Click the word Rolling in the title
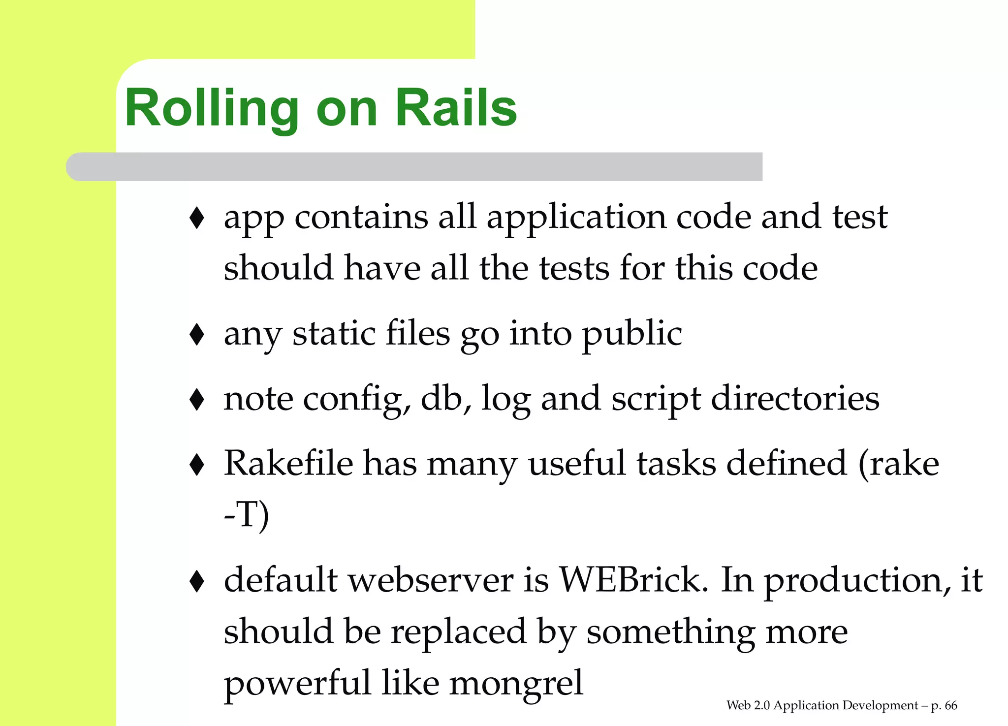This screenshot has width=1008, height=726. pos(212,108)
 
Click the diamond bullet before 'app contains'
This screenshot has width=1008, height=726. pos(197,218)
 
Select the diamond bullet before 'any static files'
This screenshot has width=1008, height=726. pos(197,334)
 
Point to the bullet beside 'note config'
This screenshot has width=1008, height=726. pos(197,399)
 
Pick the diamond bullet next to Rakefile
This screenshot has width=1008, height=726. pos(197,464)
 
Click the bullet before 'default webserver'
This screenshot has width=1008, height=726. pos(197,581)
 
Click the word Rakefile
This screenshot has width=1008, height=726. pos(288,464)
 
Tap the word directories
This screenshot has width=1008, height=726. pos(795,399)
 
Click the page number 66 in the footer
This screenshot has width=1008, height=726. pos(951,706)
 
